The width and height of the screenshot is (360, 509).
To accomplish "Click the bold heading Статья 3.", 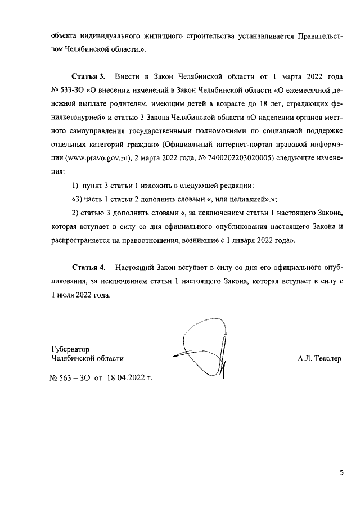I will click(88, 76).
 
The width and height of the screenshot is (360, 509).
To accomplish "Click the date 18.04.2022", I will click(124, 378).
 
